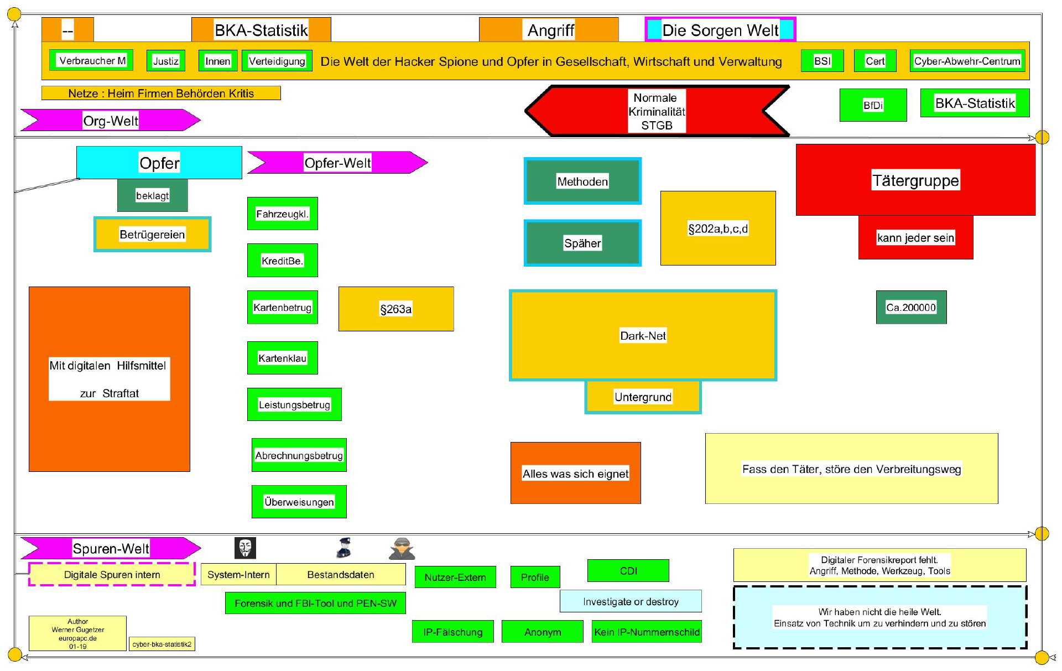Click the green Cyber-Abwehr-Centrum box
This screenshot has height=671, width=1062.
click(x=967, y=61)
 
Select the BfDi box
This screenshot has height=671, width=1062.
click(x=873, y=105)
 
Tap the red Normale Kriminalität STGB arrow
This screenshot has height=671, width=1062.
click(x=657, y=111)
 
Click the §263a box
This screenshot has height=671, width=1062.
click(x=396, y=309)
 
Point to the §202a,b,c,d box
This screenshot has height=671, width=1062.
click(x=718, y=228)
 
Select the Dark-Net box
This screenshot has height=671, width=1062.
click(x=643, y=335)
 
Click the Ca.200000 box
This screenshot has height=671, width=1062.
click(x=911, y=307)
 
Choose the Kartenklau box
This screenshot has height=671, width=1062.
click(x=282, y=358)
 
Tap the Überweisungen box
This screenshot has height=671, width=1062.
click(x=299, y=502)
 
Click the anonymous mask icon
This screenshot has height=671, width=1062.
click(x=245, y=548)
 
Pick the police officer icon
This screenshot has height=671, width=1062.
click(x=344, y=548)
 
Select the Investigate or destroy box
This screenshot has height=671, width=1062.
click(x=631, y=601)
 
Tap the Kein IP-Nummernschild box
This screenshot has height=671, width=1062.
click(x=647, y=632)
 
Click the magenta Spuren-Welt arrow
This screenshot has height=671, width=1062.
click(x=111, y=548)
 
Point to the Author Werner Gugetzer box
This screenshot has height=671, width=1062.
click(x=77, y=633)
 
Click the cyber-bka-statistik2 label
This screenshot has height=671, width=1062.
click(x=162, y=644)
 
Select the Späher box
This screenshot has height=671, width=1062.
click(x=582, y=243)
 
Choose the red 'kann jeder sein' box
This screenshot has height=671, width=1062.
click(x=915, y=238)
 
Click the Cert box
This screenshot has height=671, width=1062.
click(x=875, y=61)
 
